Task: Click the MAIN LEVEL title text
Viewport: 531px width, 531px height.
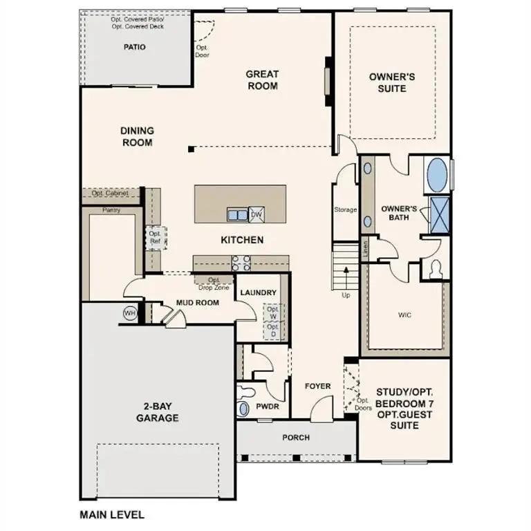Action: click(x=112, y=514)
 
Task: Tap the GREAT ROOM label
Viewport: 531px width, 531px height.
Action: click(x=263, y=80)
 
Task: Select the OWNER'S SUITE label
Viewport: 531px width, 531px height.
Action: click(x=392, y=83)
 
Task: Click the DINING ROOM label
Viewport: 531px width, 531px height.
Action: click(x=137, y=136)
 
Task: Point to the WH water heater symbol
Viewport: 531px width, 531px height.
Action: click(x=130, y=313)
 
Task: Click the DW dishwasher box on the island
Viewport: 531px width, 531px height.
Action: click(x=257, y=214)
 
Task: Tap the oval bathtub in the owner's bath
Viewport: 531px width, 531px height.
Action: click(x=437, y=176)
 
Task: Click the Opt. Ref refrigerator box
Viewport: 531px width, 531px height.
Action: click(x=155, y=236)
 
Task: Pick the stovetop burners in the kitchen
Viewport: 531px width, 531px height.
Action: click(x=241, y=262)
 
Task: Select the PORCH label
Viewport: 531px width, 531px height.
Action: click(x=296, y=438)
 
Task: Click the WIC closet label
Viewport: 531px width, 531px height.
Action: click(x=405, y=315)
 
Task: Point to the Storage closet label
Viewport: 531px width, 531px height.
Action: click(x=346, y=209)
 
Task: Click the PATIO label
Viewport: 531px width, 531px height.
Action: click(x=134, y=47)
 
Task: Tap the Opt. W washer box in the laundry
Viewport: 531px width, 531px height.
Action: click(x=273, y=313)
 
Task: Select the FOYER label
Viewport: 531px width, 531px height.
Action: click(x=317, y=386)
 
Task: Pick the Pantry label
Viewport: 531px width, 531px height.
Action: click(x=111, y=209)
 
